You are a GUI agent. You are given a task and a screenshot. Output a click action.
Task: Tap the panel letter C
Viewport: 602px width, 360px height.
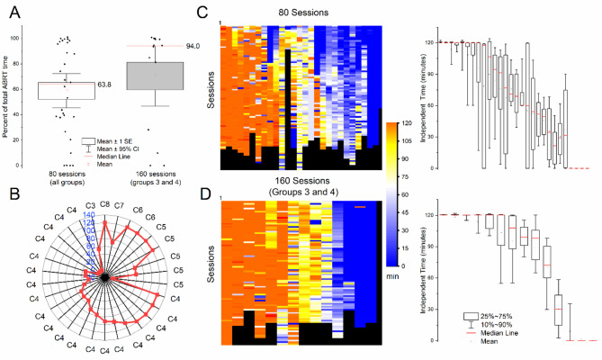coord(203,11)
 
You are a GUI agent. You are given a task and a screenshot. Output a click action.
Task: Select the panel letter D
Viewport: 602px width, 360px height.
coord(203,192)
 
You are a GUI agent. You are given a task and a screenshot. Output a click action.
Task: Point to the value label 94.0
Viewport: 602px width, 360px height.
coord(193,46)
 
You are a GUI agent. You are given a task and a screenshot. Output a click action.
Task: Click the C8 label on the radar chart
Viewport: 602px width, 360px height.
coord(104,204)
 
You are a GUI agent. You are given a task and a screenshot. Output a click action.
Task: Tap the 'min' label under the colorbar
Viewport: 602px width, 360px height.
coord(391,278)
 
